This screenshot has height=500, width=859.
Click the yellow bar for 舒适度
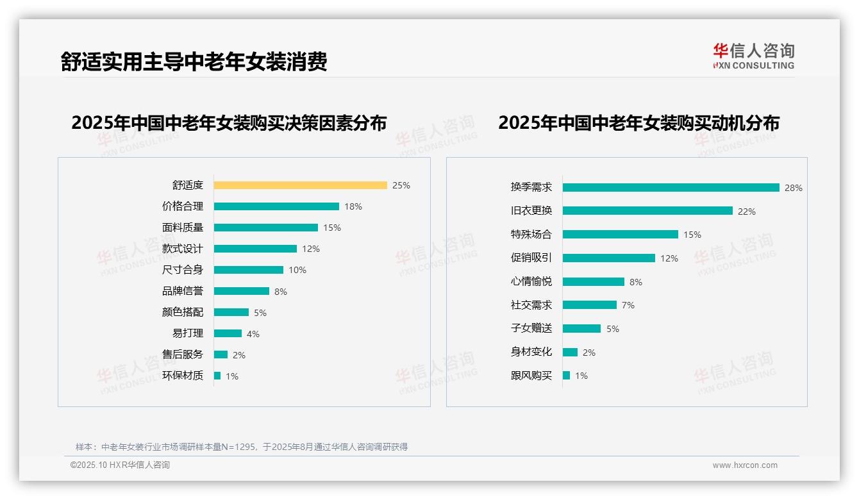point(300,185)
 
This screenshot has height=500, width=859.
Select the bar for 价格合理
point(276,206)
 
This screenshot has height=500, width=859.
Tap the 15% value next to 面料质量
point(332,228)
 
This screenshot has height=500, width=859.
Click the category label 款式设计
point(183,249)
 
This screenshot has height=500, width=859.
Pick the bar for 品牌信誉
point(241,291)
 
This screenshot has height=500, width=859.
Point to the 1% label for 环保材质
point(232,376)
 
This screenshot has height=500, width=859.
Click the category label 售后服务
point(183,354)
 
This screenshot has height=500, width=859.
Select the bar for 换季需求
point(671,188)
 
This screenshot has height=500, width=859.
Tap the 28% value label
point(793,188)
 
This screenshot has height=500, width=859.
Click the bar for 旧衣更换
point(647,211)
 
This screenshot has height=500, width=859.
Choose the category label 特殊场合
point(531,235)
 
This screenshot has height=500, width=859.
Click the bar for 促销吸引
point(608,258)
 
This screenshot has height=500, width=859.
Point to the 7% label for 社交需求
point(628,305)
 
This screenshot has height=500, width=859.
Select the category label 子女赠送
point(531,329)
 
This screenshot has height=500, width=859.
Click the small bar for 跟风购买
point(566,376)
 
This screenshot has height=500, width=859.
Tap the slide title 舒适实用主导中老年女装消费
point(194,62)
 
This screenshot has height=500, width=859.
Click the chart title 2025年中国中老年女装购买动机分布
point(638,123)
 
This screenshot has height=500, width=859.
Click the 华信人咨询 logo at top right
point(753,56)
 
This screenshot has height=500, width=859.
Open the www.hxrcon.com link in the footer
point(745,465)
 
